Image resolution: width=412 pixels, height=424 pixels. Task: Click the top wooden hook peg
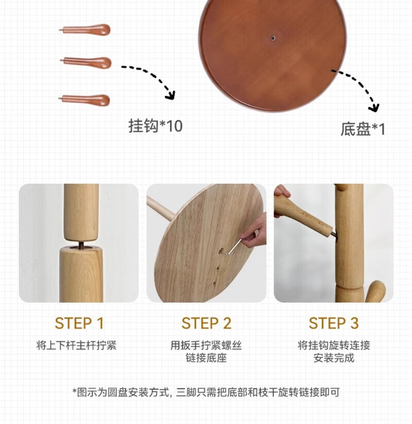pyautogui.click(x=85, y=29)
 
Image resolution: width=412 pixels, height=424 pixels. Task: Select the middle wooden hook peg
pyautogui.click(x=86, y=62)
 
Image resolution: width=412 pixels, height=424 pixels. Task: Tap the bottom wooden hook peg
pyautogui.click(x=84, y=100)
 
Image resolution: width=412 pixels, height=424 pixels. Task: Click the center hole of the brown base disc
pyautogui.click(x=273, y=38)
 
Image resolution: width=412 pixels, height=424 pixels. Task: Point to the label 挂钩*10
pyautogui.click(x=156, y=126)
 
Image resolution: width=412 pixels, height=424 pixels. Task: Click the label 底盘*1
pyautogui.click(x=363, y=129)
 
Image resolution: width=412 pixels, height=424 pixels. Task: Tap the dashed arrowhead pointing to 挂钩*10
pyautogui.click(x=170, y=95)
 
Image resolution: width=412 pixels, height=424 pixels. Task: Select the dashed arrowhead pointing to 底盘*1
pyautogui.click(x=374, y=108)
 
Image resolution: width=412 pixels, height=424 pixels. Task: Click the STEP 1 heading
pyautogui.click(x=79, y=323)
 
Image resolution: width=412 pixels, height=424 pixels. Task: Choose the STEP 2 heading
pyautogui.click(x=207, y=323)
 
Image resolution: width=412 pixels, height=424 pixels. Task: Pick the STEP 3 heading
pyautogui.click(x=334, y=323)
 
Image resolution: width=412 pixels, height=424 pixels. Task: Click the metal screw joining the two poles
pyautogui.click(x=81, y=244)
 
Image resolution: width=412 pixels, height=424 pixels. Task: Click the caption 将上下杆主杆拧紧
pyautogui.click(x=76, y=345)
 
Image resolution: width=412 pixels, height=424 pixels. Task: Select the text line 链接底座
pyautogui.click(x=206, y=358)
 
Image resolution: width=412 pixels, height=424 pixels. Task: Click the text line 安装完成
pyautogui.click(x=334, y=358)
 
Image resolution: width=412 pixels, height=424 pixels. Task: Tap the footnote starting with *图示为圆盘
pyautogui.click(x=206, y=392)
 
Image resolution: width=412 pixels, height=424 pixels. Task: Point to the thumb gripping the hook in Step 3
pyautogui.click(x=282, y=191)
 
